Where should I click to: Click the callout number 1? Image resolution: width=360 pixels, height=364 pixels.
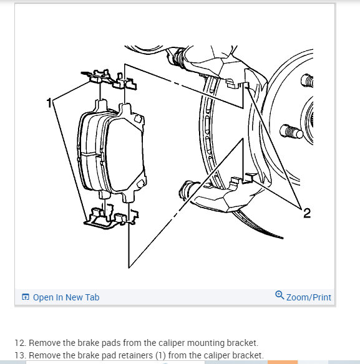49,103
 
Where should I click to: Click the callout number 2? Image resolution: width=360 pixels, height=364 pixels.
307,213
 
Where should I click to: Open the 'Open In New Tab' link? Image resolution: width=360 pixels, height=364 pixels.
66,297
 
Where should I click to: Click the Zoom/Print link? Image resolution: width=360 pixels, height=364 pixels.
309,297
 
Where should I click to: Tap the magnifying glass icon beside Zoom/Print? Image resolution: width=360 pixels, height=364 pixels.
280,295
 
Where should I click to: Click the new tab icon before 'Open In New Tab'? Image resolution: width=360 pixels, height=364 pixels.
26,297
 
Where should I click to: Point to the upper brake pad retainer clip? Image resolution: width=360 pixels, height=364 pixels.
109,79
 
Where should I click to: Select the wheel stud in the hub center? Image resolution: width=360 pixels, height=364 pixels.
291,132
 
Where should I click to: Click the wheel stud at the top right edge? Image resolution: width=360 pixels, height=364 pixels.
307,80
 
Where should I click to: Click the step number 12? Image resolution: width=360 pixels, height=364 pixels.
21,343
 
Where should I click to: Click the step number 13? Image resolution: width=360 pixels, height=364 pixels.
21,355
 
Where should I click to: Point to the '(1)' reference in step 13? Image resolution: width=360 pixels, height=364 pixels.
160,356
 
